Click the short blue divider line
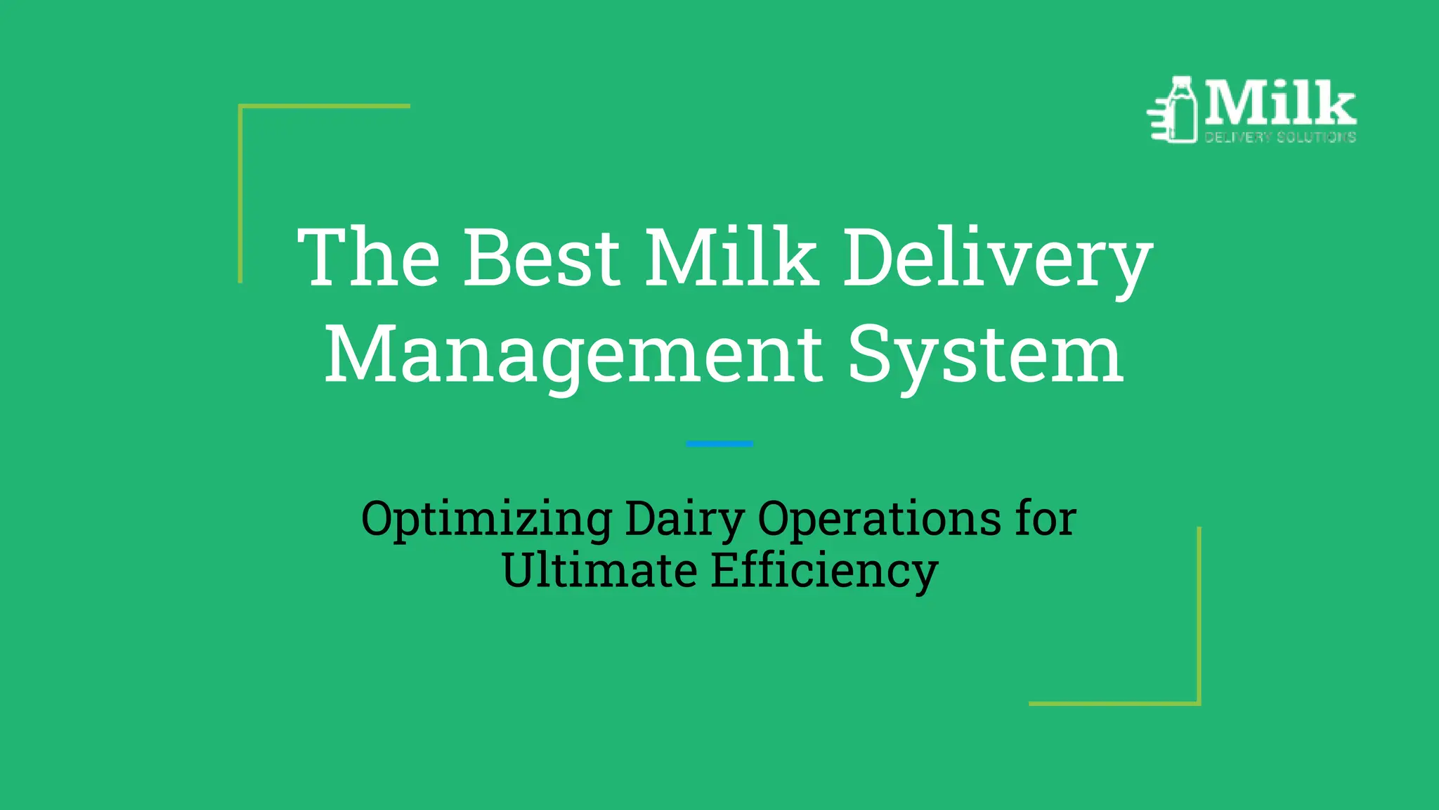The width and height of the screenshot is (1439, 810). pyautogui.click(x=719, y=444)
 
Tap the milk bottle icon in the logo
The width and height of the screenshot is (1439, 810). pyautogui.click(x=1180, y=110)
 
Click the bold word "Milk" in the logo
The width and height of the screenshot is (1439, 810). pyautogui.click(x=1281, y=103)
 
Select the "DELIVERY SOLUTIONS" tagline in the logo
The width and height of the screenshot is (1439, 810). pyautogui.click(x=1280, y=137)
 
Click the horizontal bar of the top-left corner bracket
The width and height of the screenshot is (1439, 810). pyautogui.click(x=324, y=106)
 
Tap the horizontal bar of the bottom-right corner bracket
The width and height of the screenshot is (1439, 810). pyautogui.click(x=1114, y=703)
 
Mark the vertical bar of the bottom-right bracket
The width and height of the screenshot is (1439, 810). pyautogui.click(x=1199, y=615)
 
